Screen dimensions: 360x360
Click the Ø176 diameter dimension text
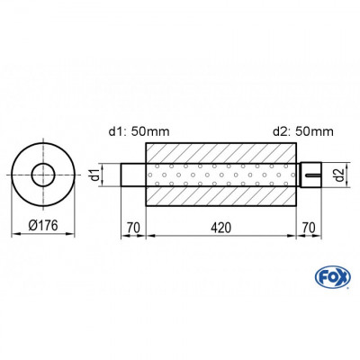coord(42,228)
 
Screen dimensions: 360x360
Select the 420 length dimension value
coord(221,228)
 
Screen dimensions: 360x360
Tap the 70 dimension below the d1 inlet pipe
coord(133,228)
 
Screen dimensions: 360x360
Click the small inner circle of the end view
coord(42,174)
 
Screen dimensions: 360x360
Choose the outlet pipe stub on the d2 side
coord(310,174)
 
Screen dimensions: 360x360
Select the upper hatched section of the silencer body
coord(221,152)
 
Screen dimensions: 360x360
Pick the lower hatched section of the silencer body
coord(221,195)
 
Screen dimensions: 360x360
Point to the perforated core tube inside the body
coord(221,174)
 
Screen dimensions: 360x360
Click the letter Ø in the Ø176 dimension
coord(26,228)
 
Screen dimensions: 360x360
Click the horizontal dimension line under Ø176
coord(42,236)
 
